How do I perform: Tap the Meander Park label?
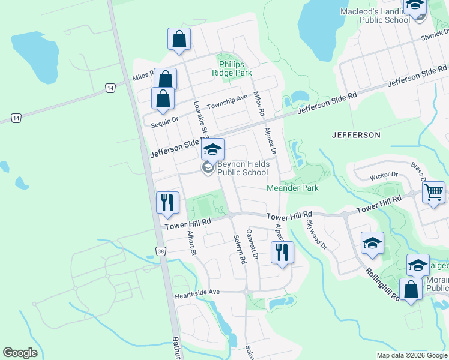tap(292, 188)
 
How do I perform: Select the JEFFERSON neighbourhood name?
tap(356, 135)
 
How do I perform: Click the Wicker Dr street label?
tap(384, 175)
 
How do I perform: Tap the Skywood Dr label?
tap(317, 235)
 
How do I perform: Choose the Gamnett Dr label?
tap(252, 244)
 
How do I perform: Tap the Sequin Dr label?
tap(165, 120)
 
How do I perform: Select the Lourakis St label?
tap(200, 118)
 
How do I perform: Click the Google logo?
tap(20, 353)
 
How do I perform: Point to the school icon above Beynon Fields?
tap(212, 149)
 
